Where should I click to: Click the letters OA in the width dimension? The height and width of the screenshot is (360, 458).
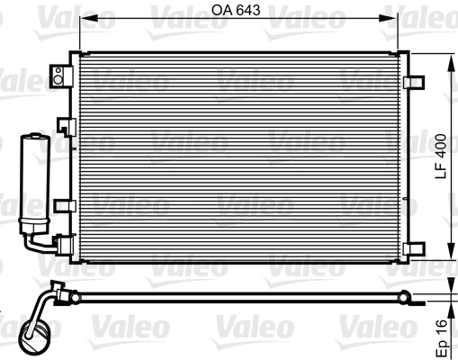(x=221, y=11)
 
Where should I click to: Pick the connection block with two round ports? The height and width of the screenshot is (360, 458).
(x=62, y=76)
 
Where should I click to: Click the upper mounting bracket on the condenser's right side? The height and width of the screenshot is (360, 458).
(x=416, y=81)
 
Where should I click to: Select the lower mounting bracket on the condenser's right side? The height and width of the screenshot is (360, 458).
(x=416, y=244)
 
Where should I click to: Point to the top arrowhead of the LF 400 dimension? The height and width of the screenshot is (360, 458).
(x=449, y=57)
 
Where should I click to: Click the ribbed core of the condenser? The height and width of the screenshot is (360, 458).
(x=243, y=157)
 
